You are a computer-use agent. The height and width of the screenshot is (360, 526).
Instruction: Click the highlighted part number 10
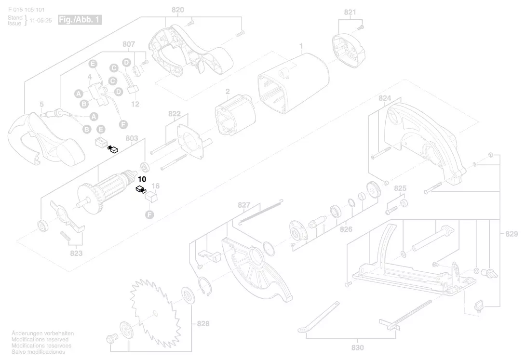(142, 179)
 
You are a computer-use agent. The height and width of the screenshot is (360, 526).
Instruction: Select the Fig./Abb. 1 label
(80, 20)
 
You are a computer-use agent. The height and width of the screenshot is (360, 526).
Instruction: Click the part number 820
(177, 10)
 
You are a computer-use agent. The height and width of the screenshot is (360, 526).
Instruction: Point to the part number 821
(350, 12)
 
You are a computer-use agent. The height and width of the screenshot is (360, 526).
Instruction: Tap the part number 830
(358, 347)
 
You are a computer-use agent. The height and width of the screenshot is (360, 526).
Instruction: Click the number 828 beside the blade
(203, 323)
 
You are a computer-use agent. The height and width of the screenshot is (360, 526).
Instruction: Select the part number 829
(512, 234)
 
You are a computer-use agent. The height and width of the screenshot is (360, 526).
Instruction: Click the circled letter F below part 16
(149, 214)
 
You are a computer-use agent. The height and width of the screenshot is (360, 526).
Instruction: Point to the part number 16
(155, 186)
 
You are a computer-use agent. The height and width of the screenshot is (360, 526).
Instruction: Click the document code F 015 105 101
(26, 10)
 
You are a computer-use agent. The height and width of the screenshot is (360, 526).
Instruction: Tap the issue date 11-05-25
(40, 20)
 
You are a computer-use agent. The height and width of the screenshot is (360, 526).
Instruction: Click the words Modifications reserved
(40, 339)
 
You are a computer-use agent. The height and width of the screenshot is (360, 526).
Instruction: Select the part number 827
(244, 205)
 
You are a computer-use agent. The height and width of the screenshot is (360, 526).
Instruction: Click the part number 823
(76, 253)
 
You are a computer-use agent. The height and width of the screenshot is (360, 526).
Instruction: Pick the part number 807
(129, 44)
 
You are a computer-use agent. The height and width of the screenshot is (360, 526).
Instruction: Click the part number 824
(385, 98)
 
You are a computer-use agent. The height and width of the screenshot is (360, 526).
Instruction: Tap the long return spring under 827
(261, 212)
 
